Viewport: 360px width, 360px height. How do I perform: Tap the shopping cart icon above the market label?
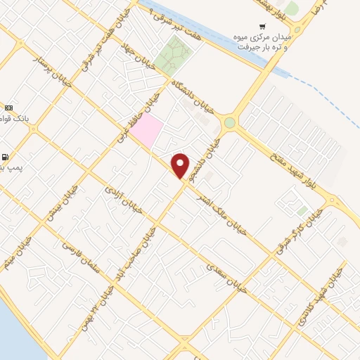point(262,26)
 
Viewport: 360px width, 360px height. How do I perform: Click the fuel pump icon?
point(6,157)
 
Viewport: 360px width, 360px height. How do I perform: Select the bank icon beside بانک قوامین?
point(8,108)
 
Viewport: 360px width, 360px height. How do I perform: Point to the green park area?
point(174,56)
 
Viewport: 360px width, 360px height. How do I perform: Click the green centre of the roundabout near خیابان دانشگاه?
point(229,124)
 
